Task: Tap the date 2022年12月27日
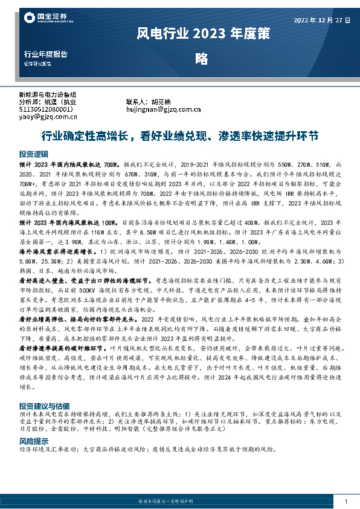tap(322, 20)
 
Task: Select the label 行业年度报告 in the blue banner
tap(42, 54)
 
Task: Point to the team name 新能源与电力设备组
tap(48, 94)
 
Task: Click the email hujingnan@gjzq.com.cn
tap(163, 109)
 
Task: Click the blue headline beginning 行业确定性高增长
tap(179, 136)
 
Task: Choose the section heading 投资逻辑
tap(33, 154)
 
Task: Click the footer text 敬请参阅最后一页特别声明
tap(179, 501)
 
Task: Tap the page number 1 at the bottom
tap(346, 501)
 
